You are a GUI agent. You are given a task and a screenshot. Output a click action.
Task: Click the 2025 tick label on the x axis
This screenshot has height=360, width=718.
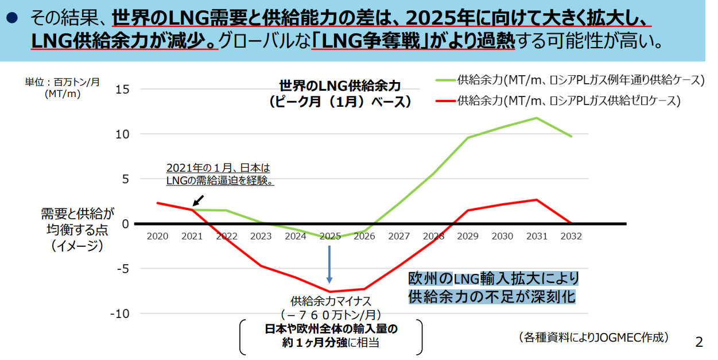click(330, 236)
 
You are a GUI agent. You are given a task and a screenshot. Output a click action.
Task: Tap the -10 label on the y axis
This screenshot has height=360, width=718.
click(119, 313)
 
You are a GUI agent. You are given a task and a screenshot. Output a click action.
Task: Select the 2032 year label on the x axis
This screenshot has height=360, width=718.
click(571, 236)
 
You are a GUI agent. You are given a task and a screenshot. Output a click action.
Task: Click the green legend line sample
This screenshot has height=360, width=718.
click(446, 80)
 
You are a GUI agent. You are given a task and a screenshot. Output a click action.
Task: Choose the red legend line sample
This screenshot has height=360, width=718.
click(446, 101)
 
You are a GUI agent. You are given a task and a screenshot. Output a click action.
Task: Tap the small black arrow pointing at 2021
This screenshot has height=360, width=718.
click(197, 200)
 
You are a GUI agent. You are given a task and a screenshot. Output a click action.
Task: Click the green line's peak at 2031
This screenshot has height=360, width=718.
click(537, 118)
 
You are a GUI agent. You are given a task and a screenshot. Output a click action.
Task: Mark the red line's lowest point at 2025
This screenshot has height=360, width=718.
click(330, 292)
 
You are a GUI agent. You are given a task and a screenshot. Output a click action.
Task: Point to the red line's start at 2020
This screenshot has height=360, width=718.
click(157, 203)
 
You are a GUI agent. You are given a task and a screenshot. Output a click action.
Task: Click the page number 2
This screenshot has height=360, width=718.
click(698, 342)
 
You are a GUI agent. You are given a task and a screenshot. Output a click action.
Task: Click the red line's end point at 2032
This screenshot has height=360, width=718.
click(571, 223)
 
